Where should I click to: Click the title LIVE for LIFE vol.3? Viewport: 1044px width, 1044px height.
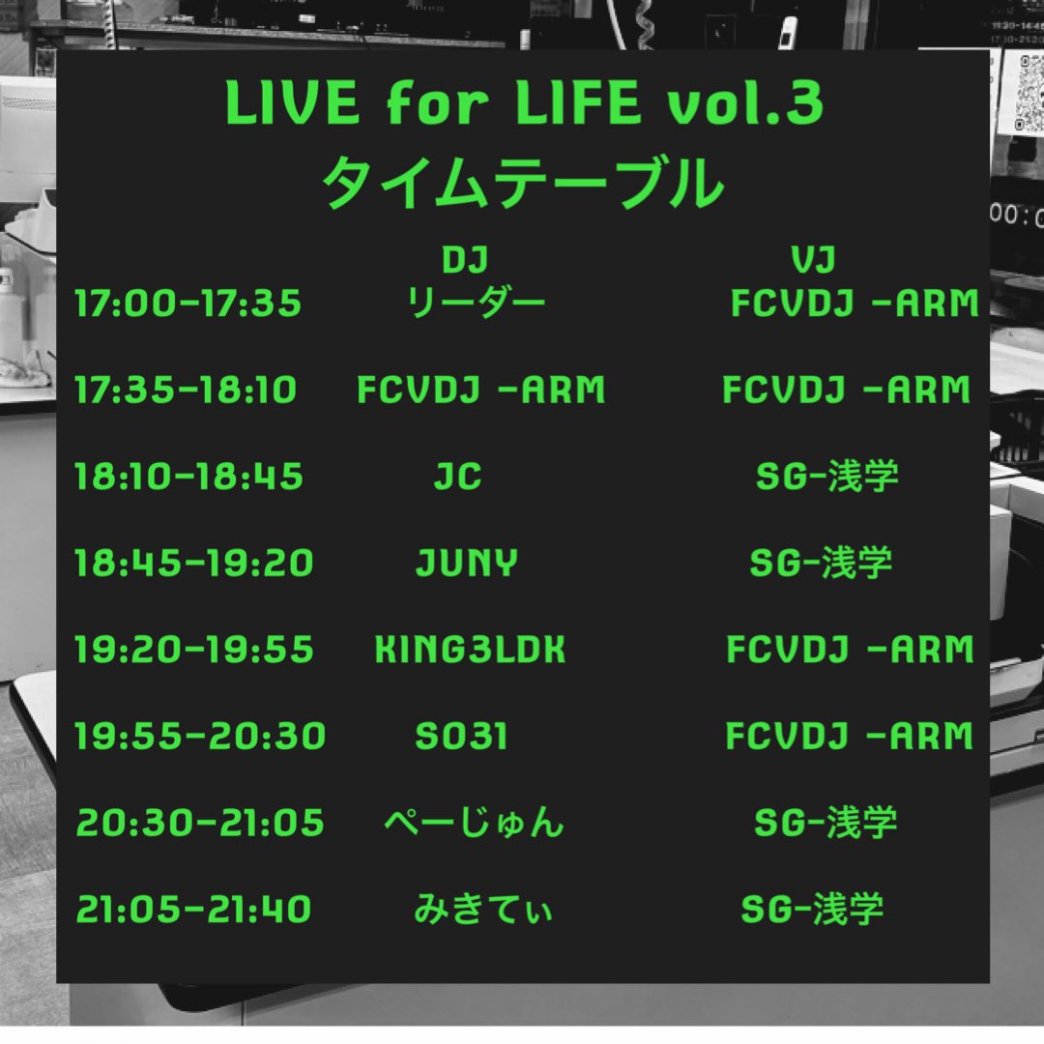coord(523,104)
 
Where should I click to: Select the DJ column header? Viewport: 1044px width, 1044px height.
coord(463,259)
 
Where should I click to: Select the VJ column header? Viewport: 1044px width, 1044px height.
coord(813,259)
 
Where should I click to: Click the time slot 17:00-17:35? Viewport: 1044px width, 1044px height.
coord(188,304)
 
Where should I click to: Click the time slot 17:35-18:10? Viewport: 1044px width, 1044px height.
coord(186,390)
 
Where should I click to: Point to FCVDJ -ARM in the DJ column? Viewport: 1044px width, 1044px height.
coord(480,390)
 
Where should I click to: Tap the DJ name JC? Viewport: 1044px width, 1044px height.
coord(457,476)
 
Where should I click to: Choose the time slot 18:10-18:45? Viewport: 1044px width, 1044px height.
coord(188,476)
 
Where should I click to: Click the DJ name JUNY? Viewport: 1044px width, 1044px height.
coord(466,563)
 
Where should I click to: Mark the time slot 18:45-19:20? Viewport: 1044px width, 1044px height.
coord(193,563)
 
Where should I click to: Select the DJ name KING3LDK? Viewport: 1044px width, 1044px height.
coord(470,650)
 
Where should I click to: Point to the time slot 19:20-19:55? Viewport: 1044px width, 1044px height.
coord(193,650)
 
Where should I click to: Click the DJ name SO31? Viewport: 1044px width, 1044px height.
coord(461,737)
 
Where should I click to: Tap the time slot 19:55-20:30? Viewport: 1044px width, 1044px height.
coord(200,737)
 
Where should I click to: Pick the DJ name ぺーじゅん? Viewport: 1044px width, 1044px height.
coord(474,823)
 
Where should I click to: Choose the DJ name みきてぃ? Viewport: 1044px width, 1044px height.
coord(482,909)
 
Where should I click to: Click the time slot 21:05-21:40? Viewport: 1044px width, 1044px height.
coord(193,909)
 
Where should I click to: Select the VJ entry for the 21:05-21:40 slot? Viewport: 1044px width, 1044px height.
coord(812,909)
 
